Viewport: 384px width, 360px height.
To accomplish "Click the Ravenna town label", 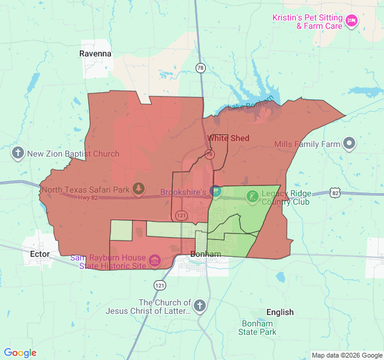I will pos(95,53).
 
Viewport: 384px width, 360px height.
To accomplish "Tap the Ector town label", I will pos(39,254).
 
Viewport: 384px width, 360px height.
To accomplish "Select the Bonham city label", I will pos(206,254).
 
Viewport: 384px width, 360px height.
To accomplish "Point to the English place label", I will pos(280,312).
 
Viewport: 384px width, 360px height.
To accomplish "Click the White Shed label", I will pos(229,138).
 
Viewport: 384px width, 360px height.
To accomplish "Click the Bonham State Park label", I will pos(257,328).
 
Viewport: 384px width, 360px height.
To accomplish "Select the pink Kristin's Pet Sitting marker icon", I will pos(352,22).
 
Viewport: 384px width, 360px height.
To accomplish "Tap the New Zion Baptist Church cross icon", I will pos(18,154).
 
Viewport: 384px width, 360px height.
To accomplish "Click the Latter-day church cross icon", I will pos(200,307).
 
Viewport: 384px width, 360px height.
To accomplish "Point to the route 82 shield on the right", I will pos(335,193).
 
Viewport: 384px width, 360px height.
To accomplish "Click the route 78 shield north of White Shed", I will pos(200,68).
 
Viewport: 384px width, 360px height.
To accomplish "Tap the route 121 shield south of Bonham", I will pos(158,284).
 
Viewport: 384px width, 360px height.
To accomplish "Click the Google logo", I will pos(20,353).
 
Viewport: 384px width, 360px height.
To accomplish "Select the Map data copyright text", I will pos(347,355).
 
